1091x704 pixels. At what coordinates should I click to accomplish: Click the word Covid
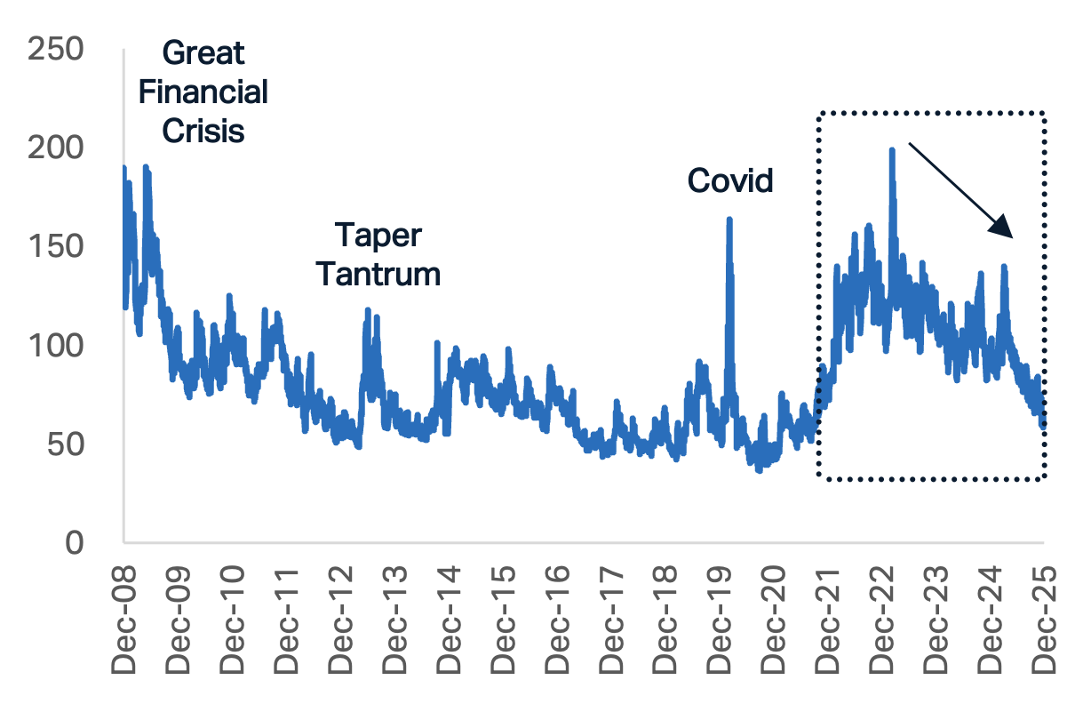coord(730,181)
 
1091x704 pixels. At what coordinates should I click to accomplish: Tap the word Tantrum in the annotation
coord(378,274)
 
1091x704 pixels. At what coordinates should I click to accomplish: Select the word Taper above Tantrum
coord(378,236)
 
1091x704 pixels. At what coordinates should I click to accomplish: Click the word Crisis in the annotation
coord(203,131)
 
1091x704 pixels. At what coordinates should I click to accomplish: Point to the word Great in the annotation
coord(203,53)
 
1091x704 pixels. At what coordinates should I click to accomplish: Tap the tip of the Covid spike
coord(729,218)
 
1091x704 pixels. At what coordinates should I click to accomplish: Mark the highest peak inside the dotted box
coord(891,149)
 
